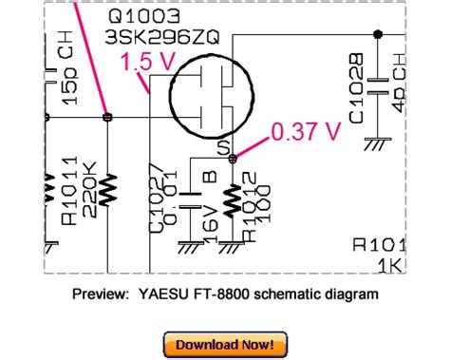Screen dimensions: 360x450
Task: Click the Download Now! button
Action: click(224, 343)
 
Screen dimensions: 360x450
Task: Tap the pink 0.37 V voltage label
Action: click(305, 134)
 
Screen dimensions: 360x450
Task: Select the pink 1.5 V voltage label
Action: click(137, 64)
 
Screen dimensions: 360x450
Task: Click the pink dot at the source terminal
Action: click(234, 159)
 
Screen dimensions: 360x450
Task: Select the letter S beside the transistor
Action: click(223, 147)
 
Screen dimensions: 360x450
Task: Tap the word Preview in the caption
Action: click(100, 294)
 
